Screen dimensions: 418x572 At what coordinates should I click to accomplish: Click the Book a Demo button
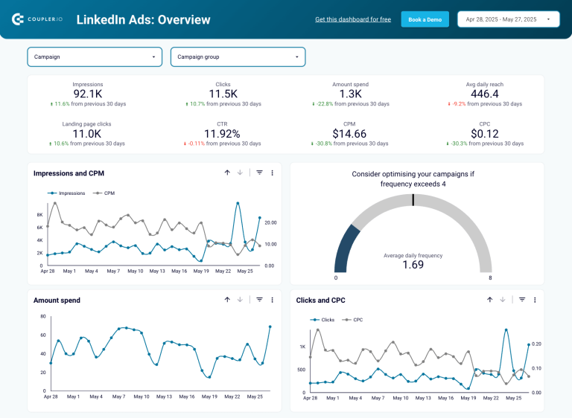425,19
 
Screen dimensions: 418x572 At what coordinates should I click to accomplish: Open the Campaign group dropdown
238,57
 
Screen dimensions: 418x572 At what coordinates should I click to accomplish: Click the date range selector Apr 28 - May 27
508,19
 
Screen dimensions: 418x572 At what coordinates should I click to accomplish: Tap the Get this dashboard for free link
353,19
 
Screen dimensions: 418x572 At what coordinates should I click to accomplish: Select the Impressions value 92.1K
88,94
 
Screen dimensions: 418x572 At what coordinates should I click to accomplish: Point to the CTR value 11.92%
223,134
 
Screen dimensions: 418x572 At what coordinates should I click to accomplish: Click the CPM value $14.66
350,134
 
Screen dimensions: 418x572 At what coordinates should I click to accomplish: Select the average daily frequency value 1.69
413,265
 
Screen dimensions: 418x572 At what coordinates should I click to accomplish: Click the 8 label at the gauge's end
489,278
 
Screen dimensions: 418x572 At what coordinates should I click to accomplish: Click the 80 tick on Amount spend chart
43,316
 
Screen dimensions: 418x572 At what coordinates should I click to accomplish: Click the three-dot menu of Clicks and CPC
535,300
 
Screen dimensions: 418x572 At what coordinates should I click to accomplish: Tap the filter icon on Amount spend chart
259,300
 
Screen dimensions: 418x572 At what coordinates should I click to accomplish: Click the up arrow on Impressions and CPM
227,173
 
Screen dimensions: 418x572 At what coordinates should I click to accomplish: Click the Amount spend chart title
57,300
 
